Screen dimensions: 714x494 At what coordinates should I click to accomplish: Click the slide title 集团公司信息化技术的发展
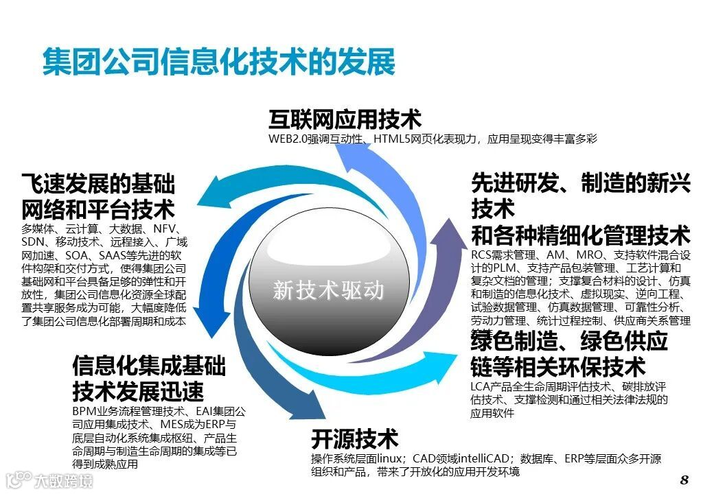pos(219,62)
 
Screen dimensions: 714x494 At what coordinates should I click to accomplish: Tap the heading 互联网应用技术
pos(345,119)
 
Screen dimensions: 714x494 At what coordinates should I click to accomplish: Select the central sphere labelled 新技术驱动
pos(327,291)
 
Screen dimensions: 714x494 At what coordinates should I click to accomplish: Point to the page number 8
pos(684,479)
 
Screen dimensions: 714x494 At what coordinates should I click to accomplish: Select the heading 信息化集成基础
pos(148,366)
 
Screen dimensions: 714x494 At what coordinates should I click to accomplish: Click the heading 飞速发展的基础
pos(97,184)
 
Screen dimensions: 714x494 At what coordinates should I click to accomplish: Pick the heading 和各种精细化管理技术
pos(580,235)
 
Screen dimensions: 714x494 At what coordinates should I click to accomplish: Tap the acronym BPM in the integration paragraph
pos(83,412)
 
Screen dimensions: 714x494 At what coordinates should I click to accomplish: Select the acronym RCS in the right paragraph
pos(482,255)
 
